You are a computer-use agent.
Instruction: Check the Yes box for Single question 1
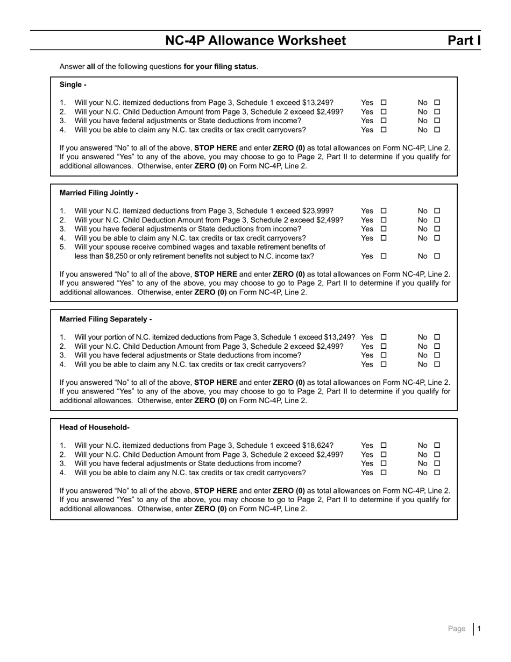click(x=384, y=102)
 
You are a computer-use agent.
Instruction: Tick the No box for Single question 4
click(x=437, y=130)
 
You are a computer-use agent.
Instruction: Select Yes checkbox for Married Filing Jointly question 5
click(x=384, y=256)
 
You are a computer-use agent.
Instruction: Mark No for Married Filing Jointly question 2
click(x=437, y=220)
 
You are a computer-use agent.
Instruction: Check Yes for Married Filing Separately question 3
click(x=384, y=355)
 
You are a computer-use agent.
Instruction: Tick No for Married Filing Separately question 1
click(x=437, y=337)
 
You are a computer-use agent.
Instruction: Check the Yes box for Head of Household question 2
click(x=384, y=454)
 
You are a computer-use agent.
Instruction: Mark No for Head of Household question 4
click(x=437, y=473)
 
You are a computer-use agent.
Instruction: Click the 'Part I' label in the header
click(x=464, y=40)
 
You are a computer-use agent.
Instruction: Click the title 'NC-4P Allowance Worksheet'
click(x=256, y=40)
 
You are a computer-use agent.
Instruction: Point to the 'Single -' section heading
click(x=73, y=84)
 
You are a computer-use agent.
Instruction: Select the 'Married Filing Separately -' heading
click(x=106, y=319)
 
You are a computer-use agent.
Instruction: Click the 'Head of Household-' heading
click(x=95, y=427)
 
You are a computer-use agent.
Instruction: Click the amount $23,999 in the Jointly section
click(x=318, y=210)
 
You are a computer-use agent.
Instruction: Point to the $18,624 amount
click(x=318, y=445)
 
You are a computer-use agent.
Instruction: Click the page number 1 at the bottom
click(x=479, y=629)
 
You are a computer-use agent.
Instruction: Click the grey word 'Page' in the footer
click(x=457, y=629)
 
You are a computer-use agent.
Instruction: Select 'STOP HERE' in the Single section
click(x=215, y=147)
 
